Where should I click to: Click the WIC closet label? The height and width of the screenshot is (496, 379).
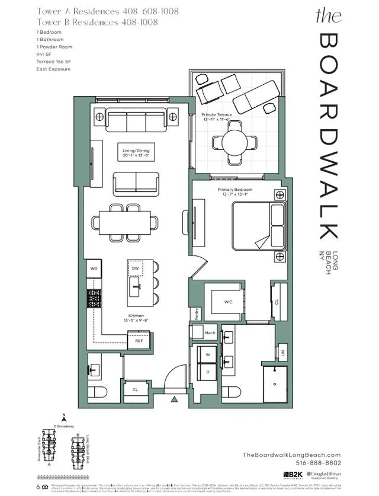click(x=229, y=302)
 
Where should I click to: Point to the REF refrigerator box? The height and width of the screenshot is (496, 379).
click(x=139, y=341)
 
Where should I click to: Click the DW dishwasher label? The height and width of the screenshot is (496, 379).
click(x=136, y=268)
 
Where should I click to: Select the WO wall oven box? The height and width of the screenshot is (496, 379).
click(x=94, y=268)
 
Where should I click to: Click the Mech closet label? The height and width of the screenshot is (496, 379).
click(x=210, y=333)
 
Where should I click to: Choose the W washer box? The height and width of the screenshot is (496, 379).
click(x=208, y=356)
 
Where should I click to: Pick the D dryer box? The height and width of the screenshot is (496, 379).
click(x=208, y=372)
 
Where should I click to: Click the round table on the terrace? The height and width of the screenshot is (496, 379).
click(x=235, y=141)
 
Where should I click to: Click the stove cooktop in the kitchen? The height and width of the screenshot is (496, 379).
click(x=94, y=298)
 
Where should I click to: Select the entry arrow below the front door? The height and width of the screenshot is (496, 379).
click(x=174, y=400)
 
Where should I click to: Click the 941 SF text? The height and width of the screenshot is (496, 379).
click(x=44, y=54)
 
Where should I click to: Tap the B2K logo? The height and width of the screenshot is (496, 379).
click(x=292, y=475)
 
